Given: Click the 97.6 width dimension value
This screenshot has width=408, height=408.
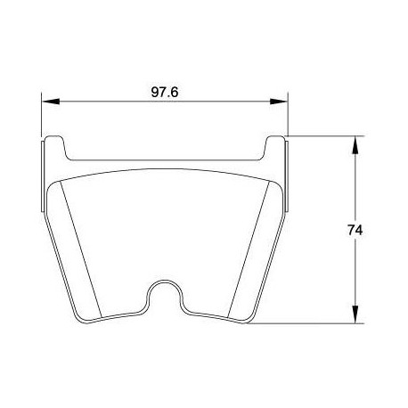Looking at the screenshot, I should click(x=165, y=91).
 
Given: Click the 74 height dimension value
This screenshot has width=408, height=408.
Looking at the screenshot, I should click(x=354, y=230).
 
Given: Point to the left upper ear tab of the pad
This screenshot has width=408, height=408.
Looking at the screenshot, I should click(x=55, y=147).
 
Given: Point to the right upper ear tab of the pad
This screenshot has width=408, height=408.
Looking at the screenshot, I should click(x=276, y=147).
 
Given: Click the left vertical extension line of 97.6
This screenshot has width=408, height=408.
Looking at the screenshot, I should click(x=42, y=116).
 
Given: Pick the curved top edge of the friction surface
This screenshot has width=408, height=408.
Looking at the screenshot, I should click(x=166, y=173).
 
